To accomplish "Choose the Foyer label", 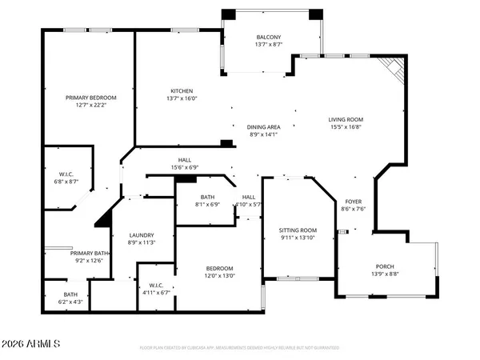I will [353, 201].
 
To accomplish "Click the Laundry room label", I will [141, 235].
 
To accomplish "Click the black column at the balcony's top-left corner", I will [229, 14].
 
